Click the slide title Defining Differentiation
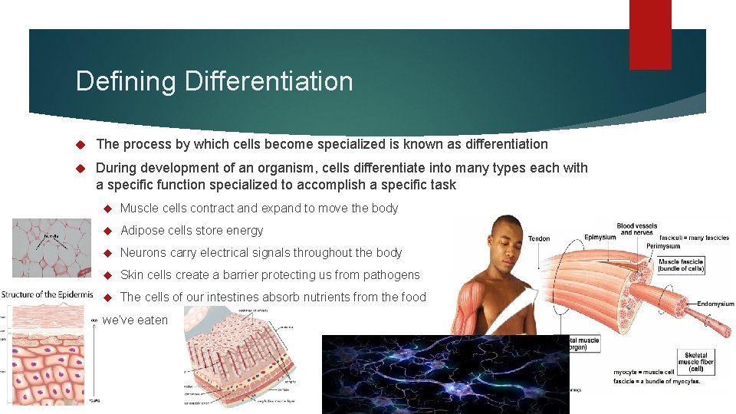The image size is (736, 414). (x=214, y=81)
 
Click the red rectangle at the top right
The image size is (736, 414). (x=650, y=34)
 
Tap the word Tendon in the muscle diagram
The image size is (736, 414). (x=539, y=238)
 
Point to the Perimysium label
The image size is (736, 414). (x=663, y=246)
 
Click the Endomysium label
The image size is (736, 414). (x=715, y=304)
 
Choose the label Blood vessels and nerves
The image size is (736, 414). (x=636, y=228)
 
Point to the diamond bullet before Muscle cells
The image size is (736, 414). (x=108, y=209)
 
